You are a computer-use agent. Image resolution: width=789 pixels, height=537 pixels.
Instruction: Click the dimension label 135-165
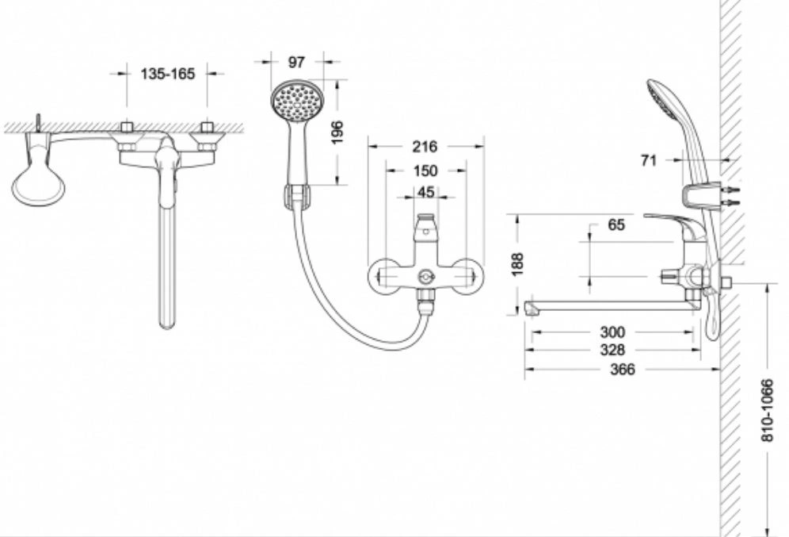pos(167,74)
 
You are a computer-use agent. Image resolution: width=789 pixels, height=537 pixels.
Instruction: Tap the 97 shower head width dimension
pos(296,62)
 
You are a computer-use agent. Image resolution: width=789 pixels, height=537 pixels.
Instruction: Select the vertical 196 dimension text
pos(337,132)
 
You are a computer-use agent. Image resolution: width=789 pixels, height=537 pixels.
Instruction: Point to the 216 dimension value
pos(425,147)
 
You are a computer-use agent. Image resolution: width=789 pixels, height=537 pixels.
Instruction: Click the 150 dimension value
pos(425,171)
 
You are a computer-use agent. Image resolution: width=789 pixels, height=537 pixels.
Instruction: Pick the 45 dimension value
pos(425,192)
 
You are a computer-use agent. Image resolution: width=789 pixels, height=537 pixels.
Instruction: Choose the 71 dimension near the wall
pos(649,160)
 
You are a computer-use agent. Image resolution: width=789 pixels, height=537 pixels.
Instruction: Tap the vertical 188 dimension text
pos(517,264)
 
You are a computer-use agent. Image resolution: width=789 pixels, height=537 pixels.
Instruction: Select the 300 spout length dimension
pos(612,332)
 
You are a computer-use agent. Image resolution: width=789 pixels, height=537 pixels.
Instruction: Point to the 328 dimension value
pos(612,350)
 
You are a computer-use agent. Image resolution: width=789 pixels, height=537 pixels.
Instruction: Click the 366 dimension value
pos(623,370)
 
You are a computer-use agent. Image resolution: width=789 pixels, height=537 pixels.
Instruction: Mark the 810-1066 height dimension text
pos(766,411)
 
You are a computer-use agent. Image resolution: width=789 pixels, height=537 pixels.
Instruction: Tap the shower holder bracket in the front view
pos(298,195)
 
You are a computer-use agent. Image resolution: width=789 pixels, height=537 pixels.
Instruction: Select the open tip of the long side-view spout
pos(528,307)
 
